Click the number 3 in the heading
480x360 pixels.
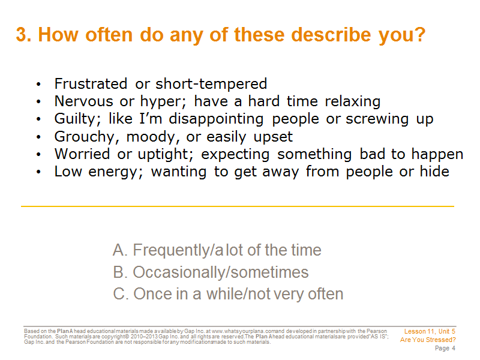coord(23,34)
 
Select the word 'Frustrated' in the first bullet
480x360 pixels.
coord(91,83)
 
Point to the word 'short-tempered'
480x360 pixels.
coord(211,84)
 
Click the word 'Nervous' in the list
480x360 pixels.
coord(83,101)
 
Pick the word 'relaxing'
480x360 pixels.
coord(353,101)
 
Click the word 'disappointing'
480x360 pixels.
coord(216,119)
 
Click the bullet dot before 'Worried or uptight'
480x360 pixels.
coord(38,154)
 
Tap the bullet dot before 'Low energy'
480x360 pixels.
coord(38,172)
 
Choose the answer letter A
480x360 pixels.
coord(119,250)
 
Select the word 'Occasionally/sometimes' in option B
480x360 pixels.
coord(220,272)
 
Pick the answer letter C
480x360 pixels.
coord(120,294)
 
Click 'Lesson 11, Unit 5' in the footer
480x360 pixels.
coord(430,332)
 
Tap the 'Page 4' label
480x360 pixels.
coord(445,349)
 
